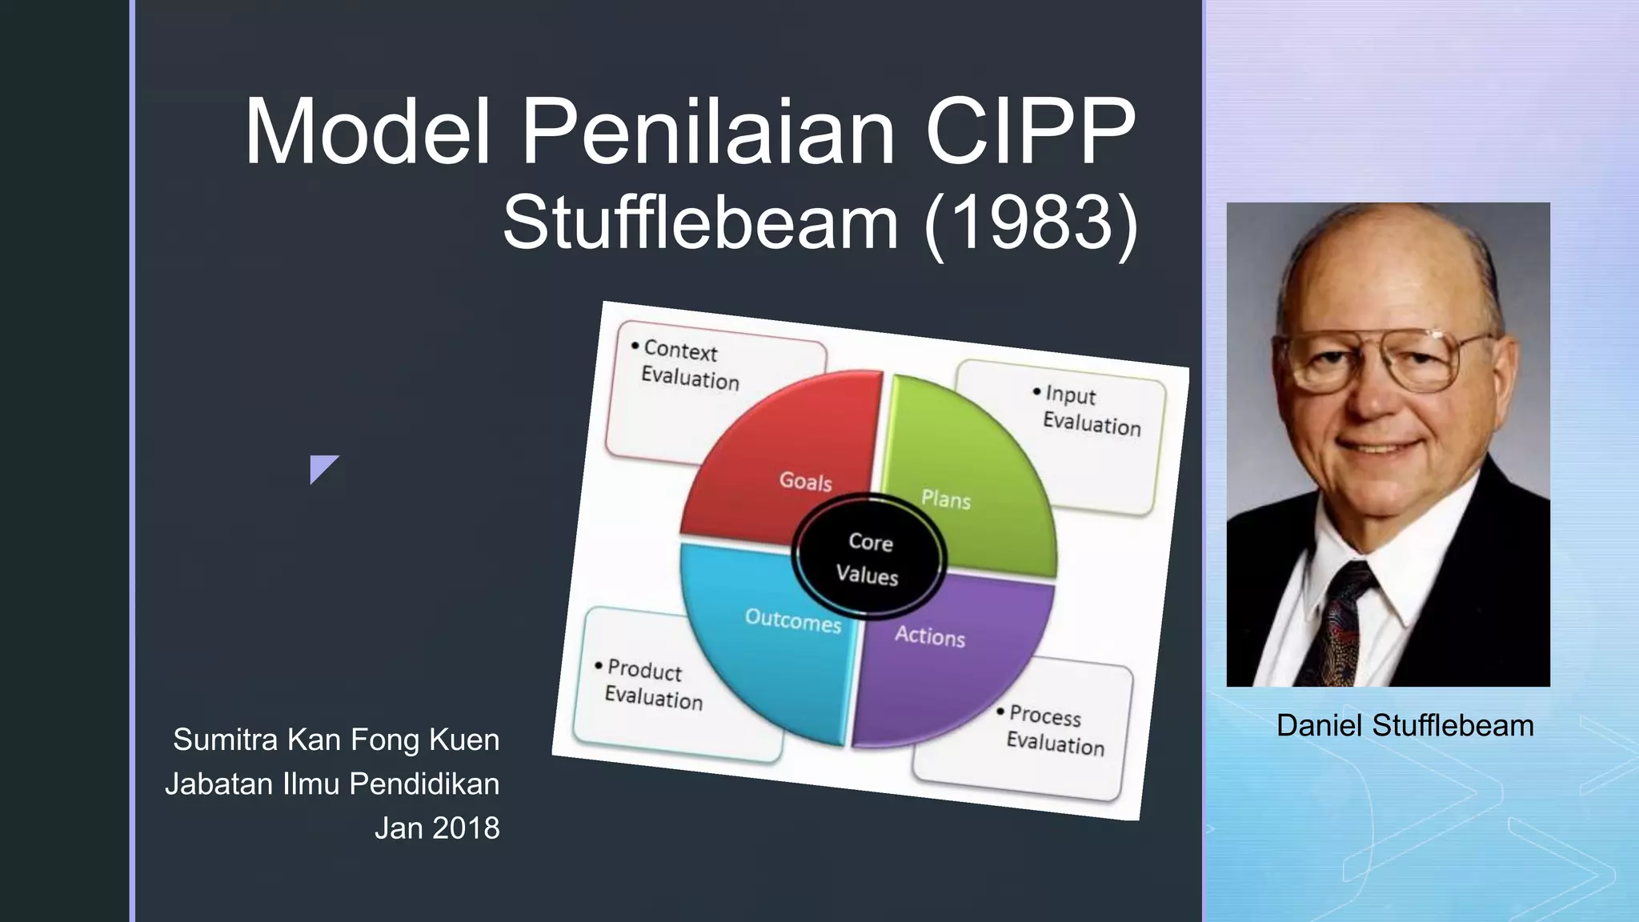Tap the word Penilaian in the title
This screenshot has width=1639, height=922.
(x=707, y=132)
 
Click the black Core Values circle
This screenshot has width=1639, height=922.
(x=869, y=558)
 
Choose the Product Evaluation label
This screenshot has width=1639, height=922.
(x=652, y=684)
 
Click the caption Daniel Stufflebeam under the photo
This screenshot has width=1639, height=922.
(x=1405, y=726)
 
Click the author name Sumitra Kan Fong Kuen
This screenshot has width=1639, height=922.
(x=336, y=740)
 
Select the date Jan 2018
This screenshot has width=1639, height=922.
(x=437, y=828)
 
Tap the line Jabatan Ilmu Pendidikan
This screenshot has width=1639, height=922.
(x=332, y=784)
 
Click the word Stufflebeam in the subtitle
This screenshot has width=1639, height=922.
(x=700, y=224)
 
